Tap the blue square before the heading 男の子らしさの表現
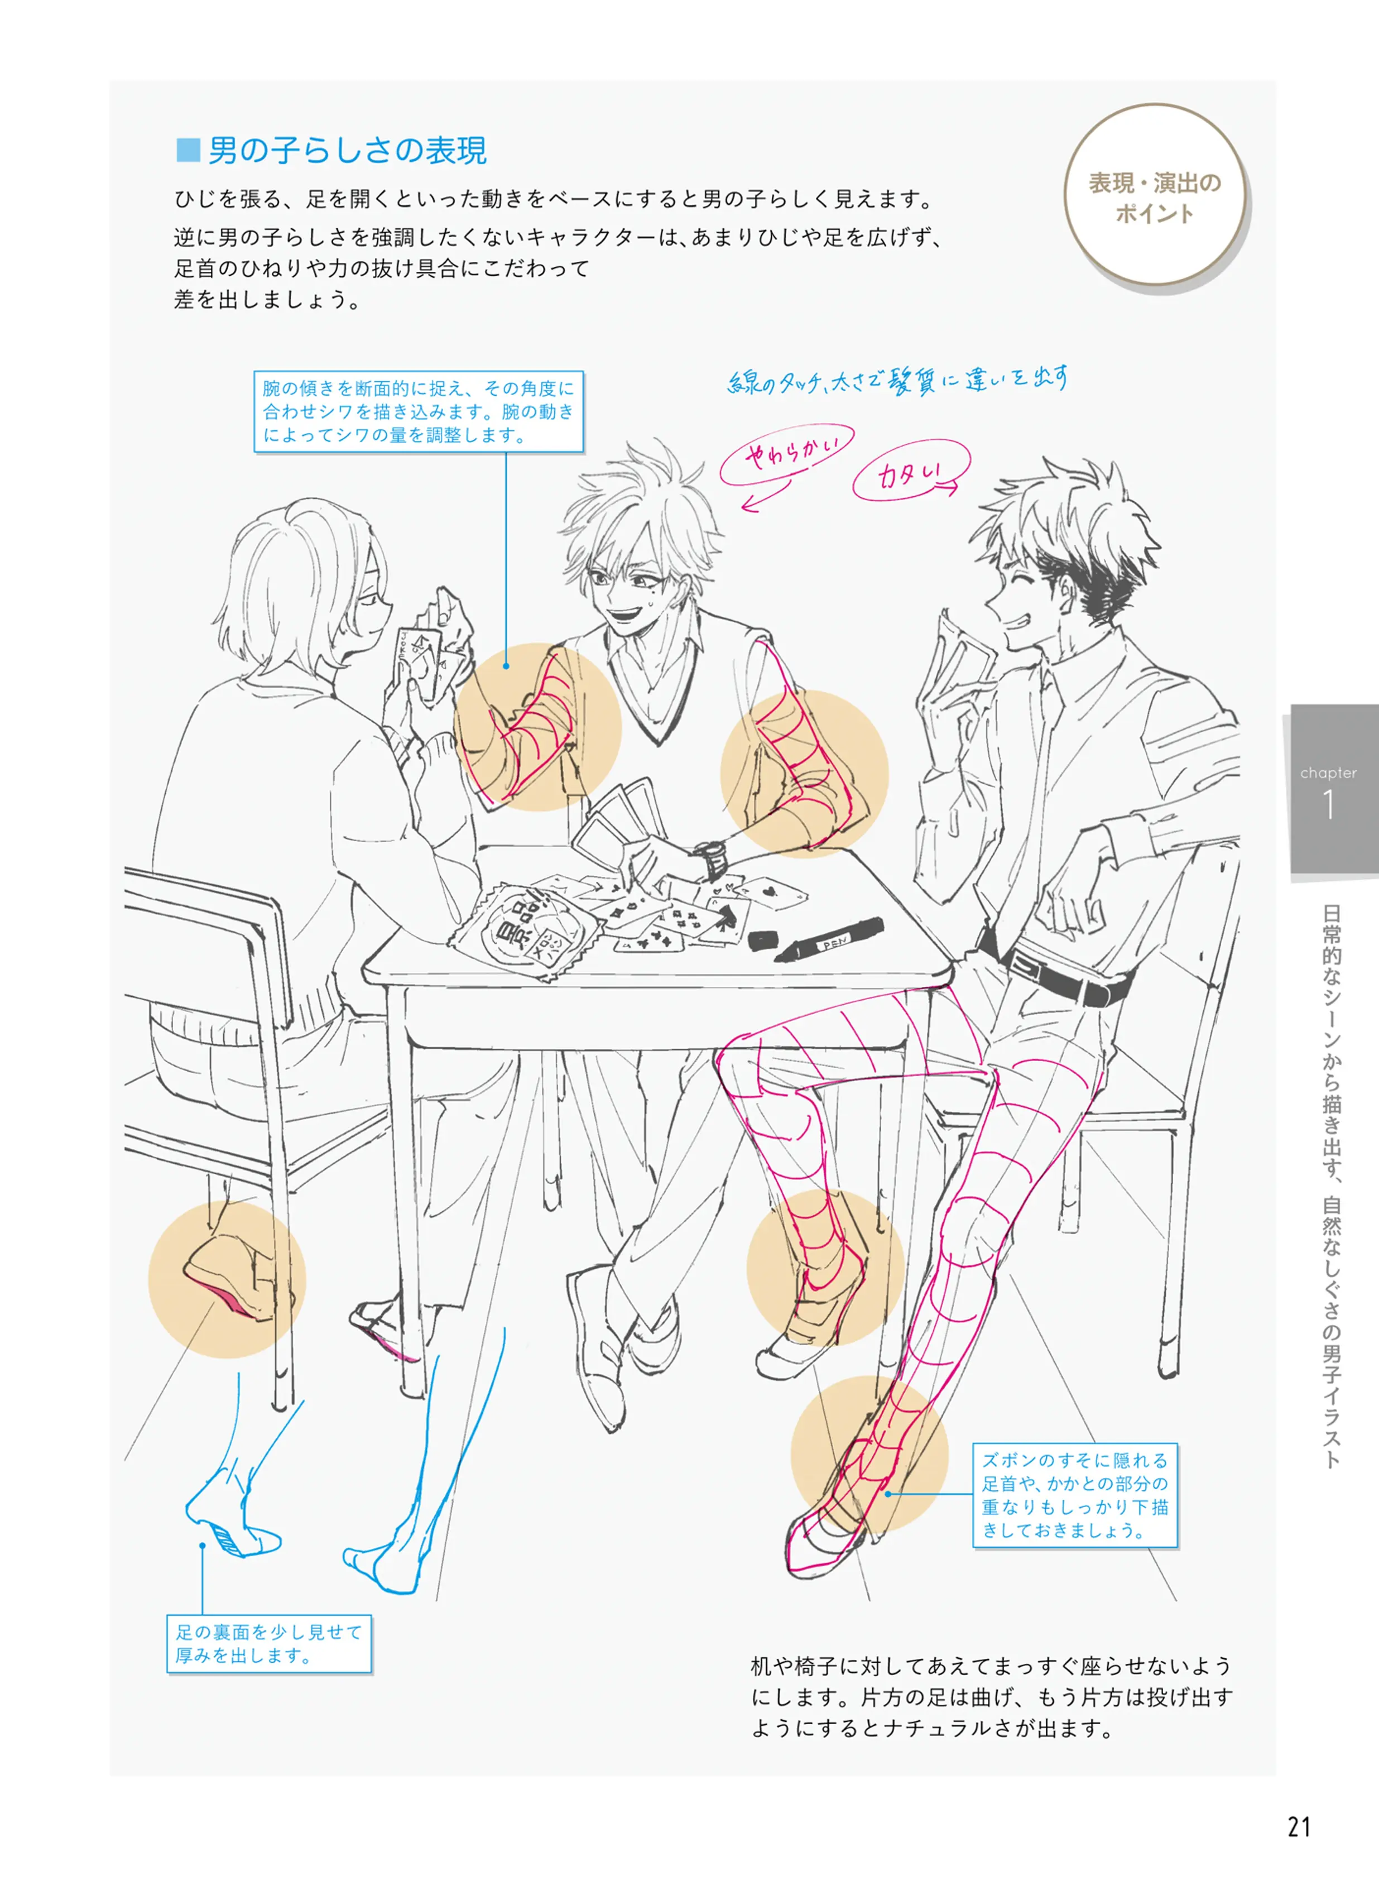point(188,150)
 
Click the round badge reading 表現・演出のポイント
point(1155,195)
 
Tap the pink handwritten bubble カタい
point(911,472)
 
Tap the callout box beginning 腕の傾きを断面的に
point(418,411)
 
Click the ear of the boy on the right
point(1072,592)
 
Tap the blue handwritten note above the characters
point(897,380)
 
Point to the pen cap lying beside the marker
point(763,939)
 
